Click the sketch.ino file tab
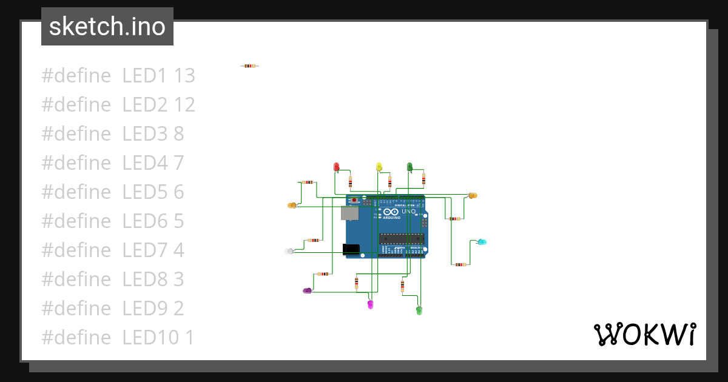[107, 27]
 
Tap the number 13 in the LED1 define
[184, 76]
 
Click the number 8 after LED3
[178, 134]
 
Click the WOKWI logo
[644, 334]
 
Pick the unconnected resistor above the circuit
[249, 65]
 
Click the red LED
[337, 166]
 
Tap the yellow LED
[379, 166]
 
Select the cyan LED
[482, 242]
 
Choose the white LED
[289, 251]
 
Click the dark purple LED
[307, 291]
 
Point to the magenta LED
[371, 304]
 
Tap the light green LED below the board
[419, 310]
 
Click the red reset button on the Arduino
[354, 199]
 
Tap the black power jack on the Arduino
[351, 249]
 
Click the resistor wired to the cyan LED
[460, 264]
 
